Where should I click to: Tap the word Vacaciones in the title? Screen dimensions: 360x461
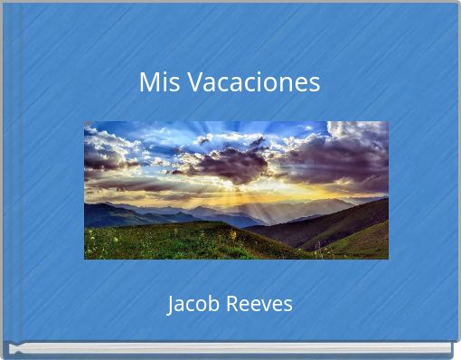(246, 82)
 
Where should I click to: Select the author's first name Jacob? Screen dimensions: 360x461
(193, 304)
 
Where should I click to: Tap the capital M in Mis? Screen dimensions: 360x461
(148, 82)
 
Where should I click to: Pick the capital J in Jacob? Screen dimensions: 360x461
(172, 304)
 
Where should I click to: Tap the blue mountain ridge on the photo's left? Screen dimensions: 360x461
(113, 214)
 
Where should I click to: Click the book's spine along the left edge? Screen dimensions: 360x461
(6, 181)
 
